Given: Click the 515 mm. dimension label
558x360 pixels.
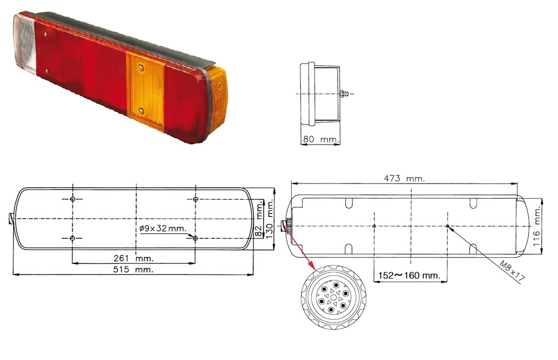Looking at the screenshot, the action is pos(133,269).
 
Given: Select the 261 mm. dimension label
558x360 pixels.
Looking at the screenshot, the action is pos(133,258).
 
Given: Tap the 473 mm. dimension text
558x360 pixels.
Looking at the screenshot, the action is pos(404,179).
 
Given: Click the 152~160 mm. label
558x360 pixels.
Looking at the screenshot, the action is pos(409,275).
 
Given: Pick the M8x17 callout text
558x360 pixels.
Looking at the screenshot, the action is pos(512,271).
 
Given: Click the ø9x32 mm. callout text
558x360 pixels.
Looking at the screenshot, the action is pos(163,228).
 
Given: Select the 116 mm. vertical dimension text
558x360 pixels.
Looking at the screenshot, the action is pos(536,226).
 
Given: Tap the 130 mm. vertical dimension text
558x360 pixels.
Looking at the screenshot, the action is pos(269,219).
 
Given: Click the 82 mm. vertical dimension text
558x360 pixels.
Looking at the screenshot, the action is pos(259,219).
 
